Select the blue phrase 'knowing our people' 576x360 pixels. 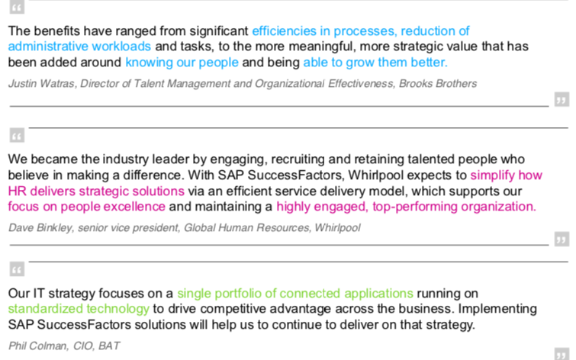(182, 62)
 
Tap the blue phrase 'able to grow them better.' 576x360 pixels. (375, 62)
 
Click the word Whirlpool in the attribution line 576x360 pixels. (335, 227)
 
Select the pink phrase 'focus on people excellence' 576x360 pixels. (86, 206)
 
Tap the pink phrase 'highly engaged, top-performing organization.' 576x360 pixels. (406, 206)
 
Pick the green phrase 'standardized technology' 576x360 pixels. (79, 309)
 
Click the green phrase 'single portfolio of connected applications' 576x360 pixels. (295, 293)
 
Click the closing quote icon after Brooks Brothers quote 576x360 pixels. (562, 100)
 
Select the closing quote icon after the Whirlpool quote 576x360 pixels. (562, 240)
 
